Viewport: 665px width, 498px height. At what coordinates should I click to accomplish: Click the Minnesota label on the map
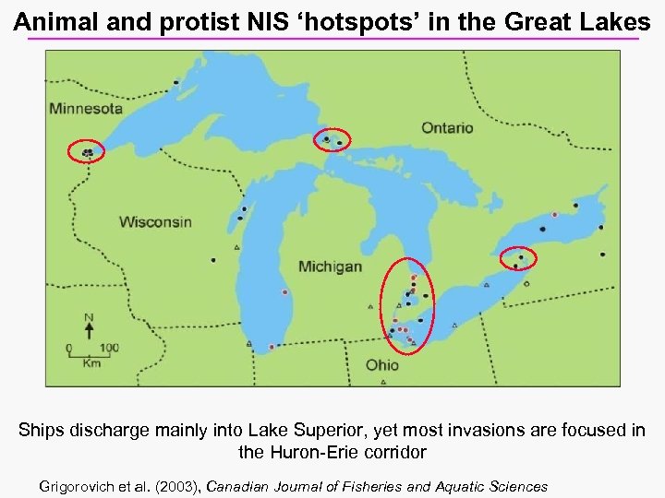(x=86, y=108)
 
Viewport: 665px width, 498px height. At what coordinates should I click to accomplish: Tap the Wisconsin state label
(x=155, y=221)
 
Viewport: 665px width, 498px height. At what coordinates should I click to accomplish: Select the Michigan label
(x=330, y=267)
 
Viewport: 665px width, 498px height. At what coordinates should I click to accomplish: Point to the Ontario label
(x=447, y=127)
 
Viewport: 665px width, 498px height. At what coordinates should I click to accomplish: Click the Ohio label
(x=381, y=365)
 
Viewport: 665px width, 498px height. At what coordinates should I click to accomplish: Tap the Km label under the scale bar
(x=91, y=363)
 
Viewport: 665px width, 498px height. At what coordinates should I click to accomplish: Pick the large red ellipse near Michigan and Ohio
(x=405, y=305)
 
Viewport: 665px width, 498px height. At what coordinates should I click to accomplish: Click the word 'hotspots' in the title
(x=352, y=22)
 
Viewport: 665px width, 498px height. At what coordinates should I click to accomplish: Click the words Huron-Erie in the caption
(x=307, y=453)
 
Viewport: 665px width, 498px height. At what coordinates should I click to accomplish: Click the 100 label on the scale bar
(x=109, y=349)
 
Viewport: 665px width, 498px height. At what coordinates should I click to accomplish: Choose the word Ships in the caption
(x=40, y=432)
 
